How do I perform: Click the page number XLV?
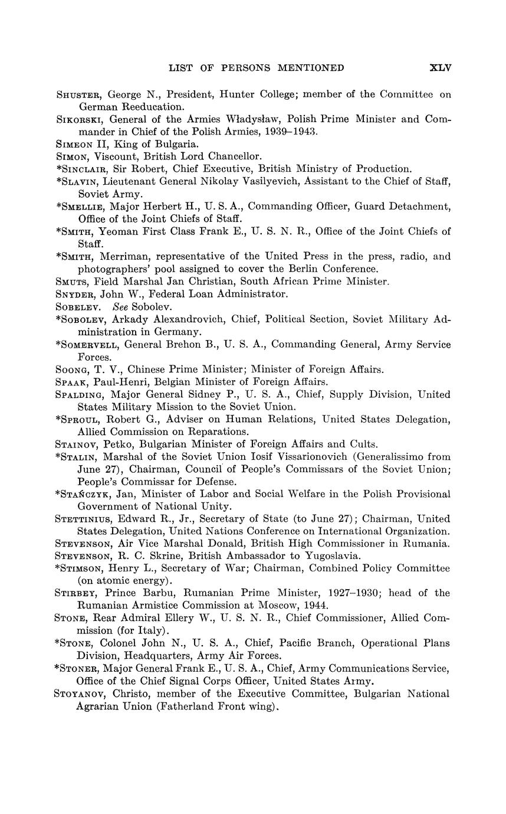(x=441, y=68)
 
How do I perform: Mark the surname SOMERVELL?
(x=88, y=345)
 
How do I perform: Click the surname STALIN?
(x=80, y=457)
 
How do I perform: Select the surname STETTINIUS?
(x=85, y=519)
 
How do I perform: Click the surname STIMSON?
(x=83, y=568)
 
